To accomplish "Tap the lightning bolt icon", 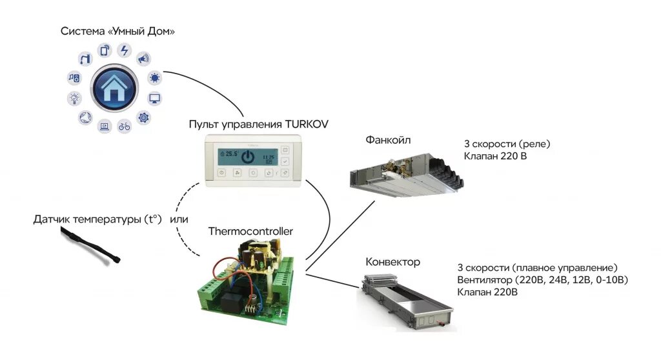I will click(x=125, y=50).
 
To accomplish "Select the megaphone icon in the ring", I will click(x=143, y=59).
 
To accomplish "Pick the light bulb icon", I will click(x=75, y=98).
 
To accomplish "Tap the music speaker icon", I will click(x=74, y=77).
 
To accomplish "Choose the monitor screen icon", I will click(x=155, y=99).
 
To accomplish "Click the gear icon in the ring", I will click(x=143, y=117).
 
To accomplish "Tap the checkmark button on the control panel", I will click(x=285, y=161).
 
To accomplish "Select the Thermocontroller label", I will click(x=250, y=231).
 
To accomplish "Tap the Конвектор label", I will click(x=392, y=262).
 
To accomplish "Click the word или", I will click(x=179, y=219).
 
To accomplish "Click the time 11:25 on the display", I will click(x=268, y=157).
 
